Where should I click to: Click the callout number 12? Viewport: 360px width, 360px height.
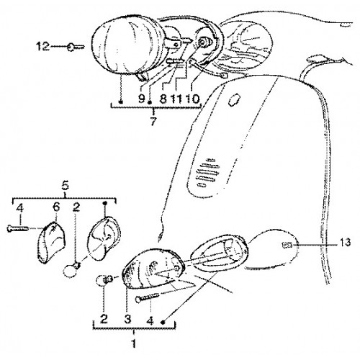point(42,46)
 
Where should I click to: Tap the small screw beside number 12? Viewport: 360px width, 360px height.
point(75,47)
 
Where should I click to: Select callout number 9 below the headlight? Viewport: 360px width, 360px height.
point(142,98)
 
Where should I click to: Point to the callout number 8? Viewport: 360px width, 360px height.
point(163,99)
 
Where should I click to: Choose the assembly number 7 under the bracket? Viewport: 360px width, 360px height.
point(153,122)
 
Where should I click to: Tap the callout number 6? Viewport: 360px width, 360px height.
point(56,207)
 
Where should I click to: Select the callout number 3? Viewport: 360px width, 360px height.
point(127,319)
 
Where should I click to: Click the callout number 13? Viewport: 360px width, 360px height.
point(345,243)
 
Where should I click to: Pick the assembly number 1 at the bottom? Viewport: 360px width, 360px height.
point(134,343)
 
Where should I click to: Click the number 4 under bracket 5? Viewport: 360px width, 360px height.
point(20,208)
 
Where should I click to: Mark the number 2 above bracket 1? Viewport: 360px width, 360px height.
point(104,319)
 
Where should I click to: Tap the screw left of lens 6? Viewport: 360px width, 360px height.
point(17,229)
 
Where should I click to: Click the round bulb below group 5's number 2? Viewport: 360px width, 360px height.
point(71,270)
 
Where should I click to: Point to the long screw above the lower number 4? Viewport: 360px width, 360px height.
point(147,297)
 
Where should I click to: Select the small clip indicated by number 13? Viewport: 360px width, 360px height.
point(287,245)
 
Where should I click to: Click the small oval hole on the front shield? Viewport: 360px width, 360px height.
point(233,99)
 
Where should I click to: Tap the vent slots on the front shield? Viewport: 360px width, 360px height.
point(207,171)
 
